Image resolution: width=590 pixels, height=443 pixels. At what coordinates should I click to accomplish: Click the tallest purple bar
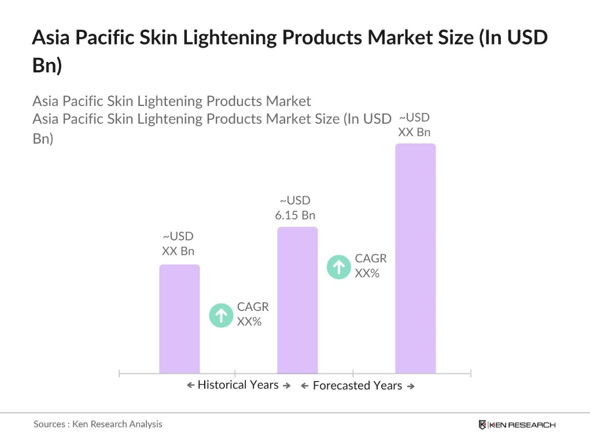coord(415,258)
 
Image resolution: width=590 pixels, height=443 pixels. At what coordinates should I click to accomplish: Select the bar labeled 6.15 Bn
coord(297,300)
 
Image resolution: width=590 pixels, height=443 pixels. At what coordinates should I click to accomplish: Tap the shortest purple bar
coord(179,318)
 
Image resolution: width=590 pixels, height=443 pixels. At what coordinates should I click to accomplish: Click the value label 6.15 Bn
coord(295,215)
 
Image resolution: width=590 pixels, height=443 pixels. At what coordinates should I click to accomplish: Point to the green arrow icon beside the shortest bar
coord(221,316)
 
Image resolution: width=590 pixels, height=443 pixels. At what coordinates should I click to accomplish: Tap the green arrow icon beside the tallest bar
coord(339,267)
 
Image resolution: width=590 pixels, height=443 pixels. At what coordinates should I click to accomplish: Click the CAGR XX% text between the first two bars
coord(253,314)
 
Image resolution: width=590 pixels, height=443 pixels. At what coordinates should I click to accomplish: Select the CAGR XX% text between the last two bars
coord(371,266)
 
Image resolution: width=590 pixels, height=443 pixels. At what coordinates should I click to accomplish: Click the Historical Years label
coord(238,385)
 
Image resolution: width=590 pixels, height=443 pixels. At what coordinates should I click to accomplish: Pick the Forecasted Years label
coord(357,386)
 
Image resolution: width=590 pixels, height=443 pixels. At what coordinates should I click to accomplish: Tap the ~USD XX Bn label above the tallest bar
coord(414,125)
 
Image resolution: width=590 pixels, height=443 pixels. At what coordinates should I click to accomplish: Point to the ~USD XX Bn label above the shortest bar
coord(178,244)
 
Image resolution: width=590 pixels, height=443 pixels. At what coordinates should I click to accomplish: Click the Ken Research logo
coord(517,425)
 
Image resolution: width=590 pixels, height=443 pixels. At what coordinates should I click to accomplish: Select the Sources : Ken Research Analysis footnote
coord(98,424)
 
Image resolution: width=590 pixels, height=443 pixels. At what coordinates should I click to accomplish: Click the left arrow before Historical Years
coord(190,386)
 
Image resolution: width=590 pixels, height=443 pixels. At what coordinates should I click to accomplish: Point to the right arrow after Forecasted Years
coord(411,386)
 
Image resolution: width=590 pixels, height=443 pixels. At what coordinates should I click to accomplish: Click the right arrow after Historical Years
coord(286,386)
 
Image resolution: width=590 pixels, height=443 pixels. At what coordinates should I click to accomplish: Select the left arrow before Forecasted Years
coord(304,386)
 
